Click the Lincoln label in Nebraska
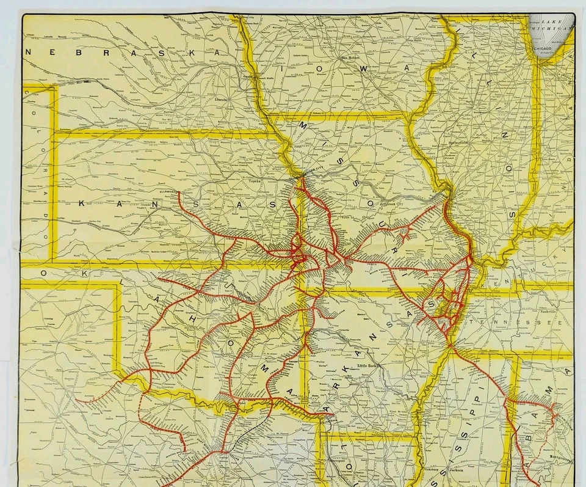(221, 98)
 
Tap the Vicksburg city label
(432, 470)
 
